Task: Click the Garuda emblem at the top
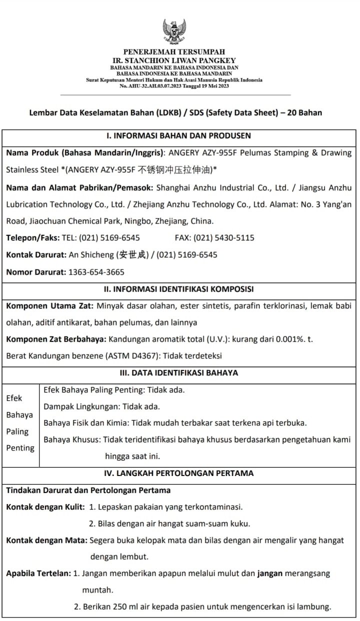pyautogui.click(x=174, y=32)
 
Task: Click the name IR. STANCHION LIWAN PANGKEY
pyautogui.click(x=174, y=60)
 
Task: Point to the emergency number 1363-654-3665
pyautogui.click(x=96, y=272)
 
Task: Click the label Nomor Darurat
pyautogui.click(x=35, y=272)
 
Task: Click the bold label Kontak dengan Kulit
pyautogui.click(x=45, y=507)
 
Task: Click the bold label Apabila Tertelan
pyautogui.click(x=38, y=573)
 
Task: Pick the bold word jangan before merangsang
pyautogui.click(x=269, y=573)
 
